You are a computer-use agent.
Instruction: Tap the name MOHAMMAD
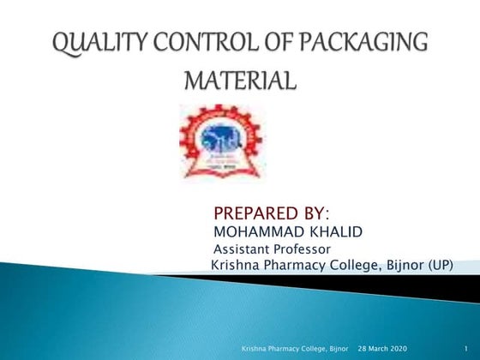pos(255,231)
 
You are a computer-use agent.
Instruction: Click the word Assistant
pos(241,249)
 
